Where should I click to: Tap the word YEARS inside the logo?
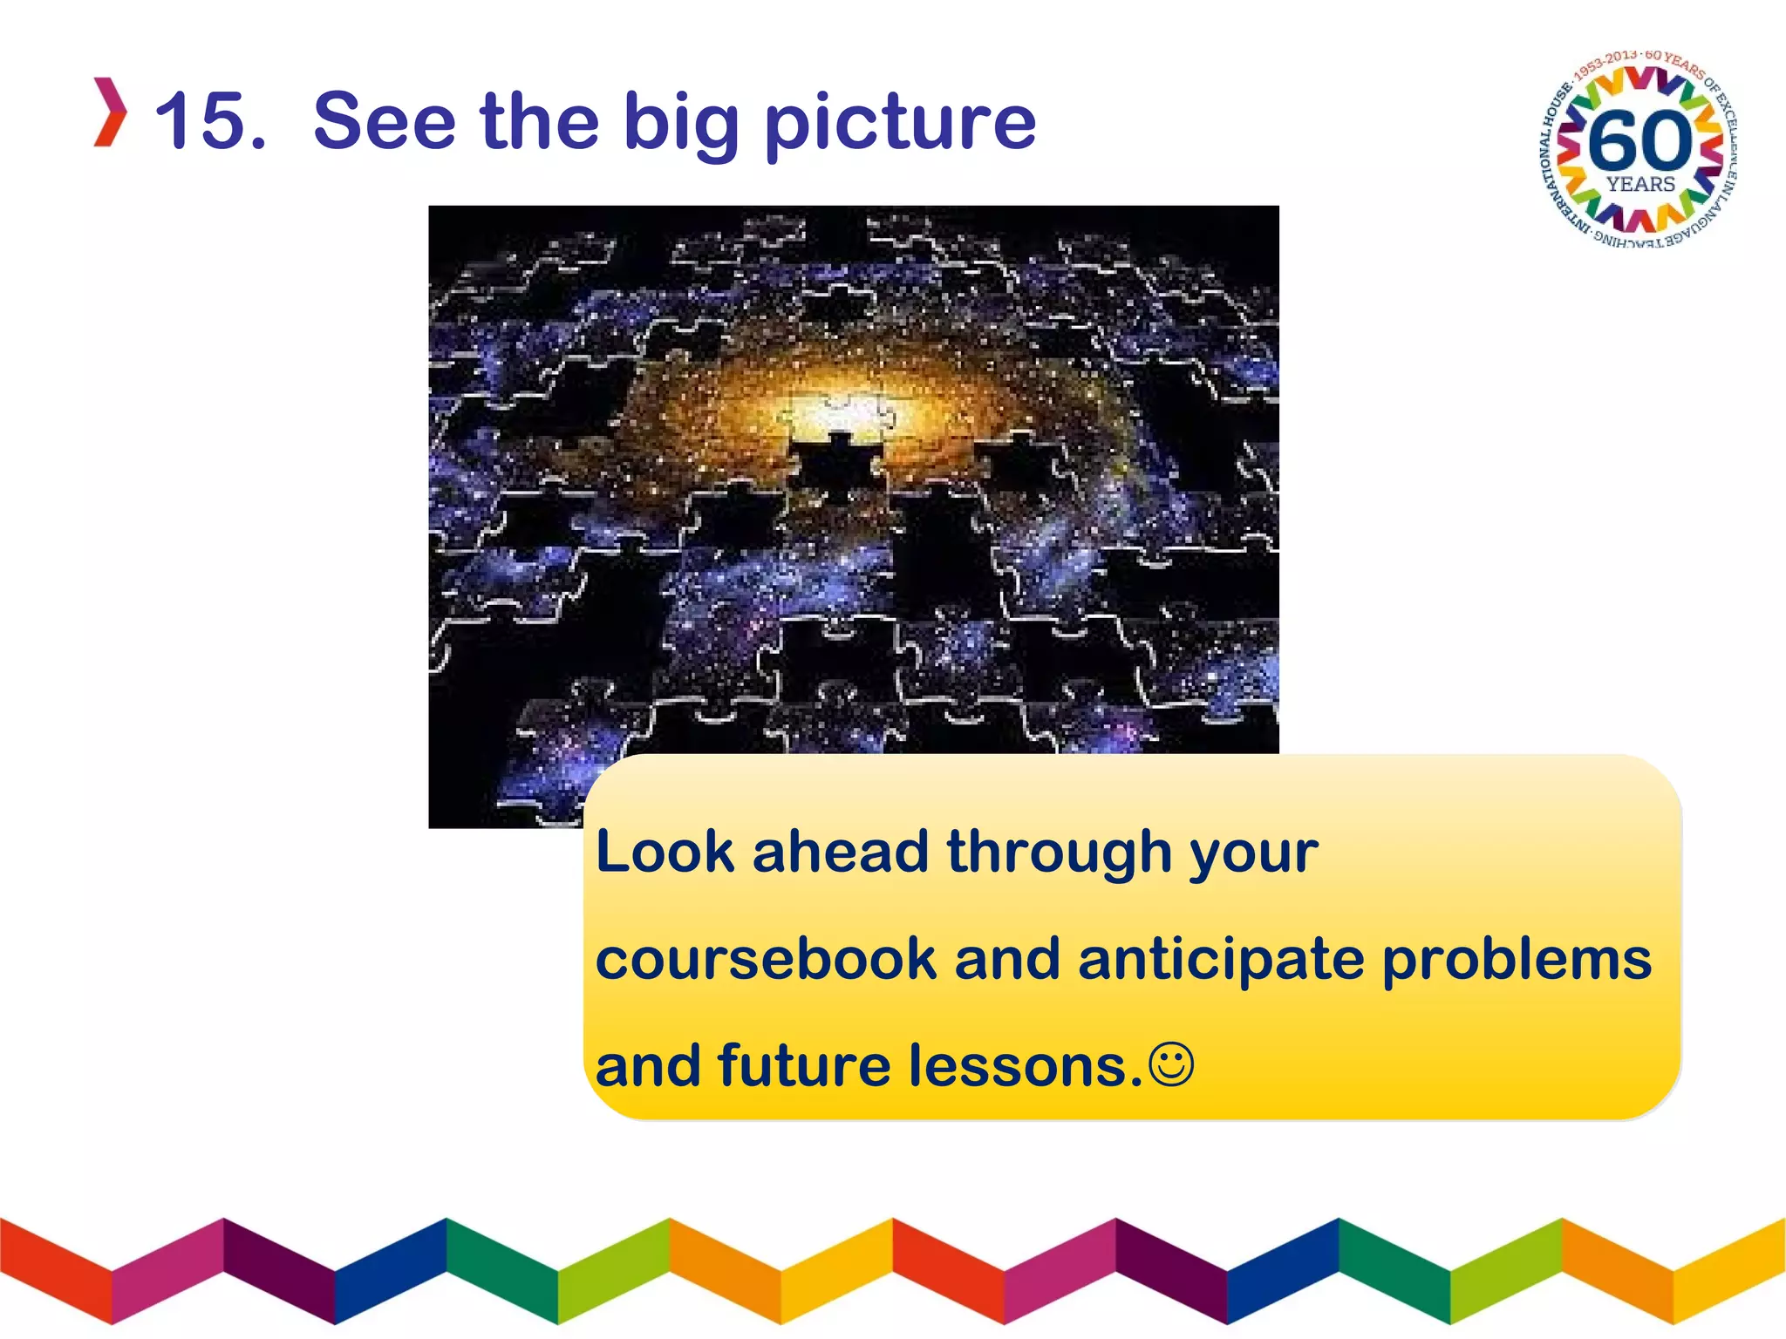pos(1640,184)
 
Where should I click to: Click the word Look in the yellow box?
pos(665,851)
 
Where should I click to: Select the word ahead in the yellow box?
pos(840,851)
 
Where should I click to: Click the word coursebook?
pos(766,959)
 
